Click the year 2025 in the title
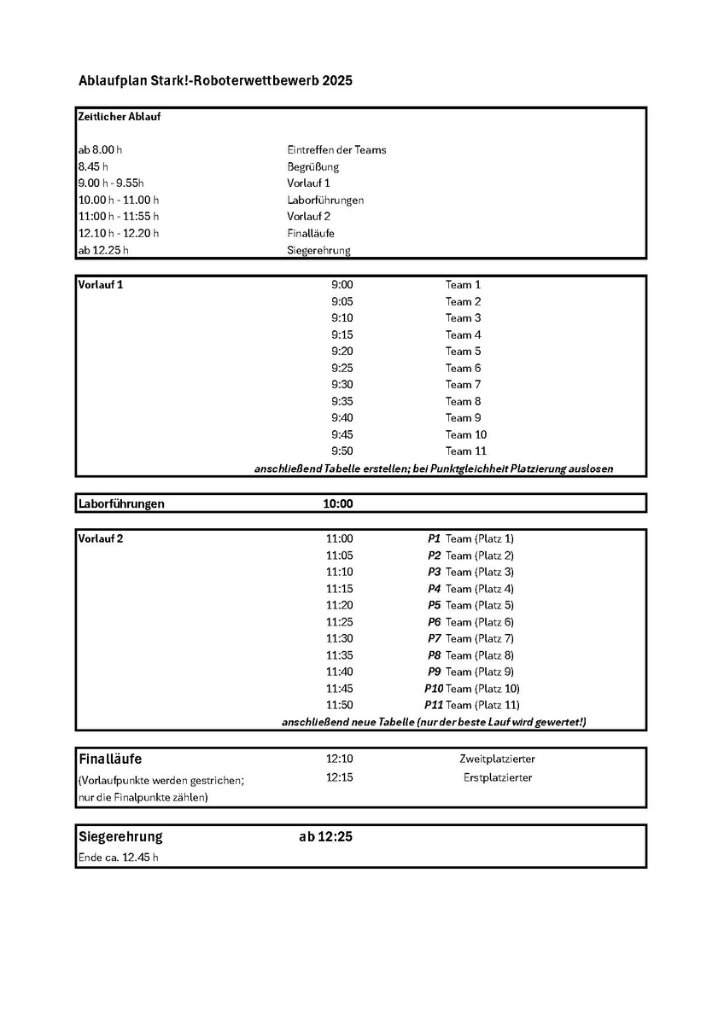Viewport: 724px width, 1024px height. [x=336, y=81]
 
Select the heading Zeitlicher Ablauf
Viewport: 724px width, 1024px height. [x=120, y=117]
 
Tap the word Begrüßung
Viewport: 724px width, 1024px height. [x=312, y=166]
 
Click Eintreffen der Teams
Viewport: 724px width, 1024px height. [x=336, y=150]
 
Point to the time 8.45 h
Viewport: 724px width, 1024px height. [x=93, y=166]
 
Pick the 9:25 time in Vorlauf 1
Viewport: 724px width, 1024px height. [x=342, y=368]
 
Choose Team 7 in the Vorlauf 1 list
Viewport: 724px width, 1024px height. [x=463, y=385]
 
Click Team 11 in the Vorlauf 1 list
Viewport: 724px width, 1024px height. [x=465, y=451]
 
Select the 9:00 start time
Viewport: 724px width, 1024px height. [x=342, y=285]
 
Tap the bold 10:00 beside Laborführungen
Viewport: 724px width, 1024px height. [x=337, y=504]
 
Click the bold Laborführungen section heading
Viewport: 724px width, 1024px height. [x=121, y=504]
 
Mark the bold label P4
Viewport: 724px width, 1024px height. [x=434, y=589]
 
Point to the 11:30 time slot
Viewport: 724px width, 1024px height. [x=339, y=639]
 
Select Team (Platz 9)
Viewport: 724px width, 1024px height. [x=480, y=672]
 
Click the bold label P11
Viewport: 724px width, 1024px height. [x=433, y=706]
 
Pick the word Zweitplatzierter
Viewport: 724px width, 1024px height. [x=497, y=759]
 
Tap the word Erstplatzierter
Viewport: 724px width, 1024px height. [x=498, y=777]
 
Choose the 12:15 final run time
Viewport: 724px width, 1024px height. [x=339, y=777]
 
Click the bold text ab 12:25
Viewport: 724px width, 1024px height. [x=325, y=837]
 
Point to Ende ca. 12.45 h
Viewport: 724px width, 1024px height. [x=118, y=858]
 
